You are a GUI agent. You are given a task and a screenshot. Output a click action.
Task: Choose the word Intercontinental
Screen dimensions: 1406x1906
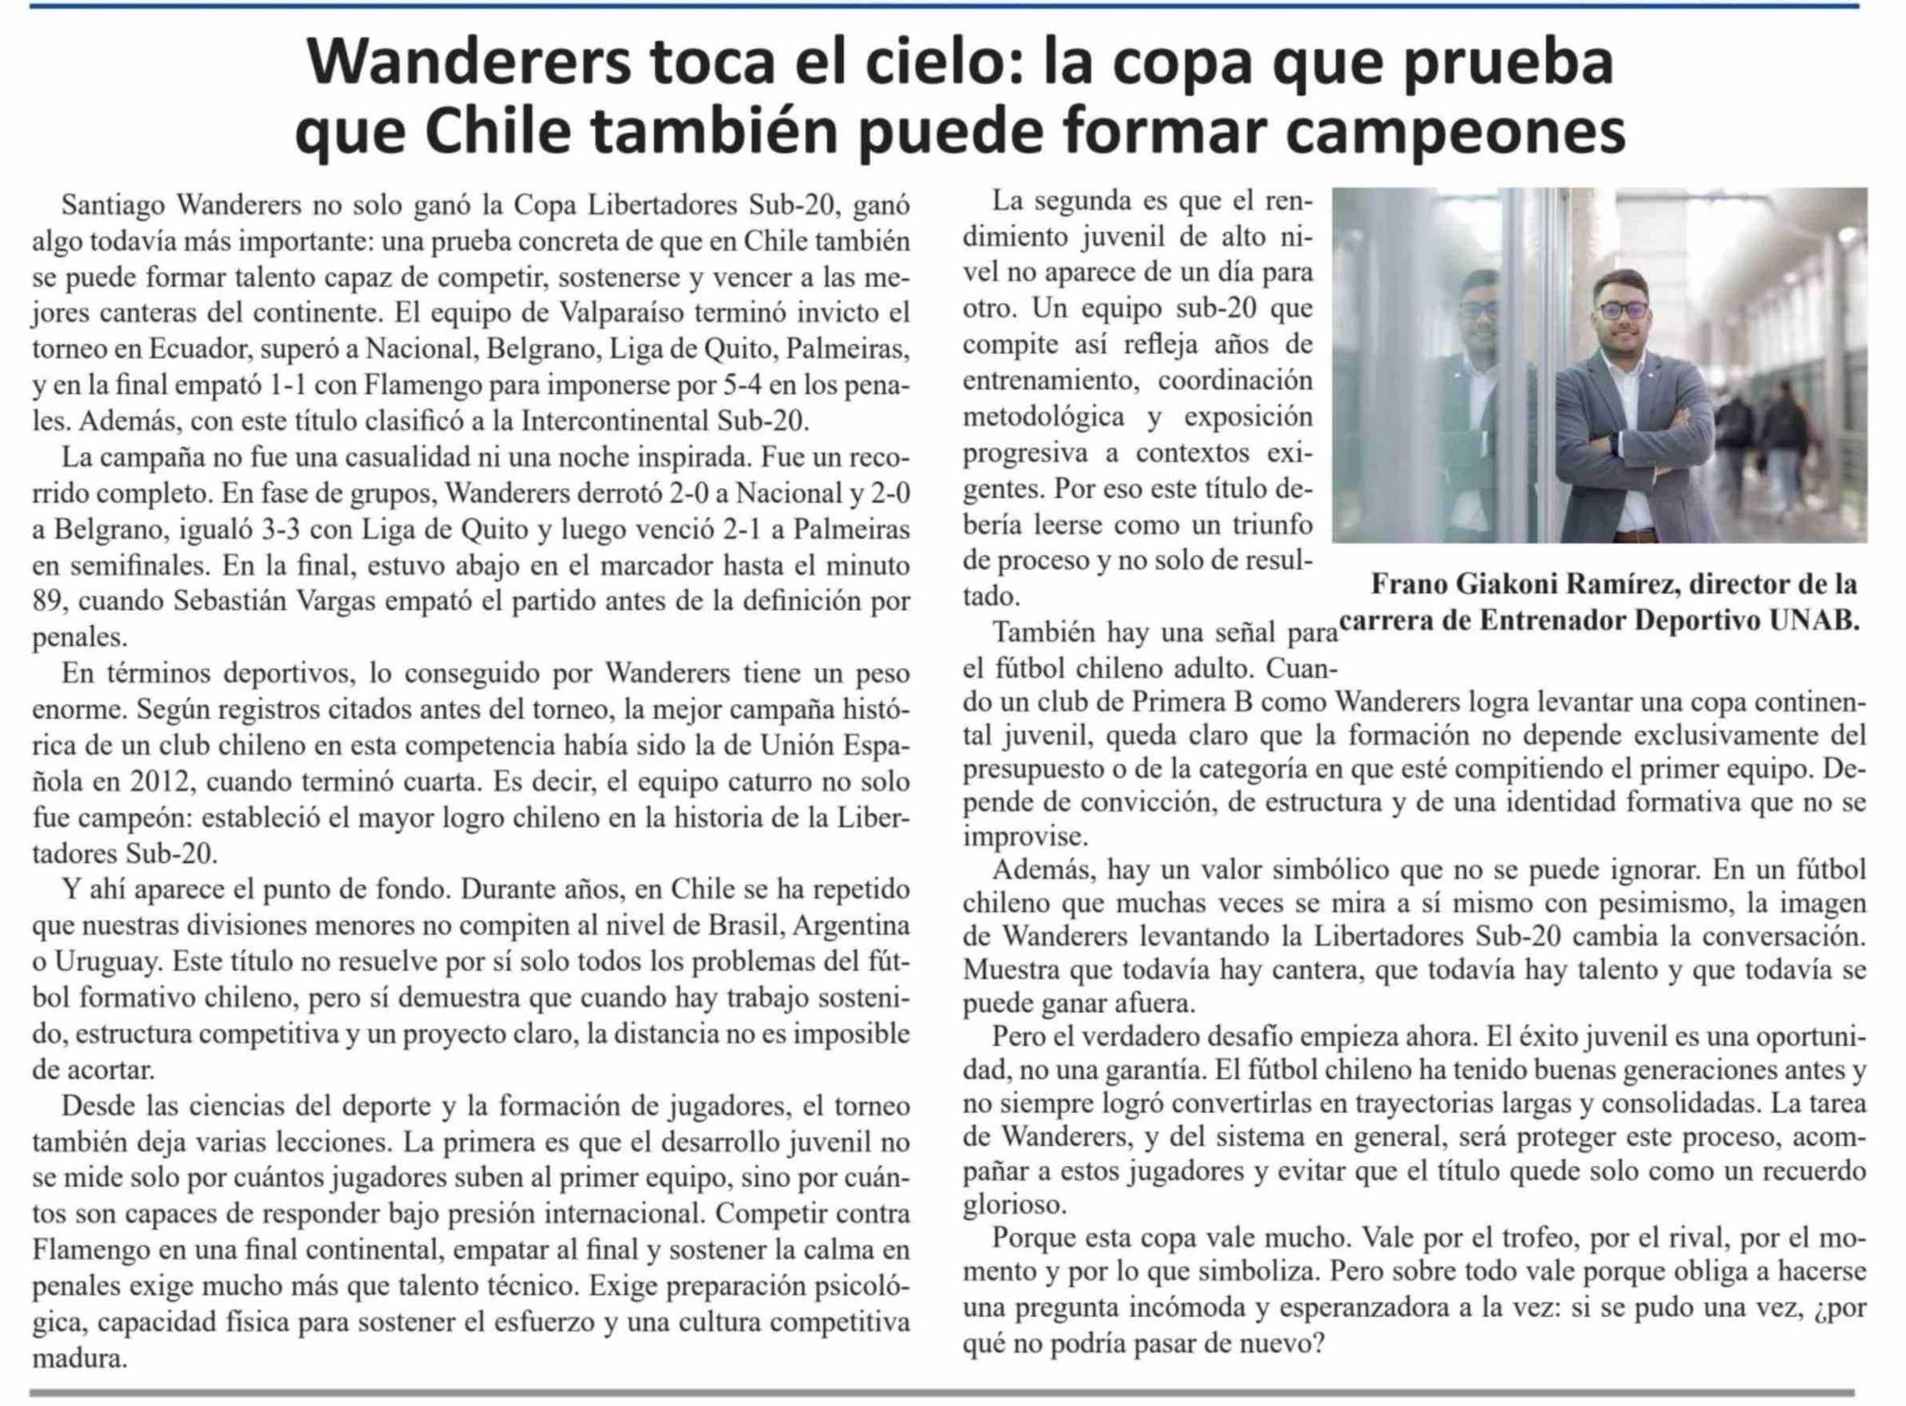click(615, 421)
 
